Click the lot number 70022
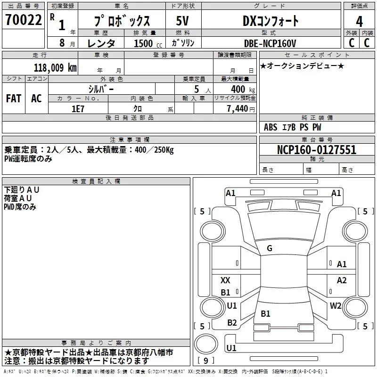[x=23, y=20]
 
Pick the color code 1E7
[x=77, y=107]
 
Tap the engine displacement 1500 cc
[x=144, y=43]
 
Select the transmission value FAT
[x=13, y=98]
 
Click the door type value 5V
[x=183, y=21]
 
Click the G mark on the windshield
[x=269, y=248]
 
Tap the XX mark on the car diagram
[x=226, y=280]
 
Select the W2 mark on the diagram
[x=336, y=306]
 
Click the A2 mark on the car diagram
[x=342, y=280]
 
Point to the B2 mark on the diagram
[x=232, y=323]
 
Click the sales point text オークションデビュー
[x=302, y=66]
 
